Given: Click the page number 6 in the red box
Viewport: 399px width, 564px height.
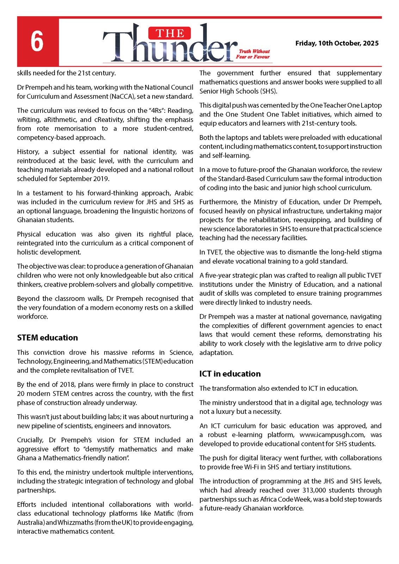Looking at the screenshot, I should click(x=37, y=42).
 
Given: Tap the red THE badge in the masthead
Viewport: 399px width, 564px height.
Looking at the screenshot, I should click(x=170, y=33).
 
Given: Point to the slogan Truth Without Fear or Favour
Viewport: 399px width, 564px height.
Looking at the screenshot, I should click(x=253, y=54).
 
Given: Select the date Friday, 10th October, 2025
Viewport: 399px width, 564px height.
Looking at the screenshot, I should click(x=337, y=43).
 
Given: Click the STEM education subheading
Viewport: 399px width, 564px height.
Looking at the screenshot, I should click(x=48, y=338).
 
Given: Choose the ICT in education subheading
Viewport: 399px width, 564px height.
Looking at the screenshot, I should click(x=230, y=374).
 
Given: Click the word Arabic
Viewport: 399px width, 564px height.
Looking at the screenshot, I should click(x=184, y=193).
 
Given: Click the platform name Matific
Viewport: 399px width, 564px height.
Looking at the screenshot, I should click(x=164, y=514).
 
